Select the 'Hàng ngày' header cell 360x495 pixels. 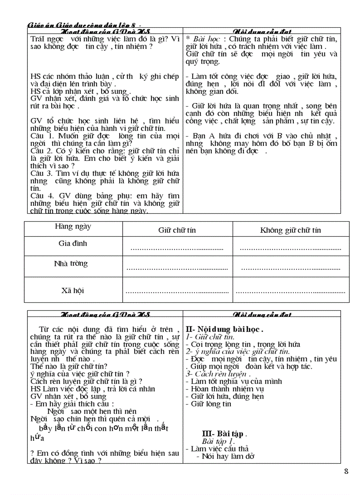(x=73, y=226)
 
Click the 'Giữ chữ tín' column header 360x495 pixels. (x=177, y=230)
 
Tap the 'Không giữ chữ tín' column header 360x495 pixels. (x=290, y=230)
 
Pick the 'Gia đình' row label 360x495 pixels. (x=73, y=243)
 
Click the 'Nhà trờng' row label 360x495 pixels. (x=71, y=264)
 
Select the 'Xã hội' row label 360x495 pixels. (x=73, y=290)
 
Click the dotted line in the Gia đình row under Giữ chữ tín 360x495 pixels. (x=177, y=249)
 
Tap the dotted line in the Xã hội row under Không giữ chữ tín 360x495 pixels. (x=290, y=291)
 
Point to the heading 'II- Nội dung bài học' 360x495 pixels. (x=225, y=329)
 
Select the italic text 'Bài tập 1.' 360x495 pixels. (x=218, y=441)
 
